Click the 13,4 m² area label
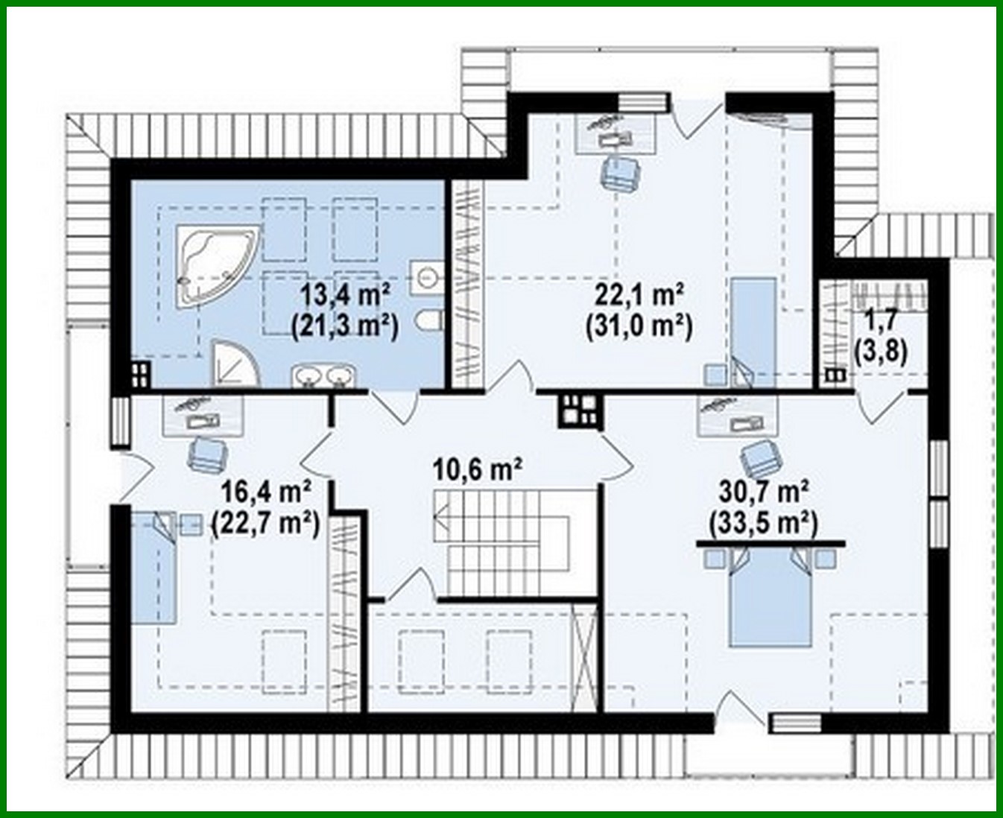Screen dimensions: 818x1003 346,295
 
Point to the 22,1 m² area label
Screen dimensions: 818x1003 639,295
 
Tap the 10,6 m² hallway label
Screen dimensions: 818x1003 477,469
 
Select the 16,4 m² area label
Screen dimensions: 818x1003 266,492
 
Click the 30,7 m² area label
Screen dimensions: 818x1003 765,492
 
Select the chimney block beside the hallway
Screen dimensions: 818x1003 578,409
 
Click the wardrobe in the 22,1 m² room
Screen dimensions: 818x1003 468,285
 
